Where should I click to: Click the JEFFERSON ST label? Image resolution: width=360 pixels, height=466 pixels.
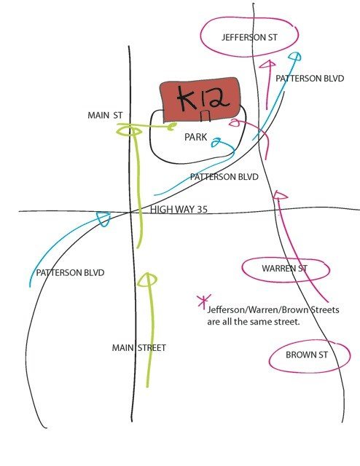(249, 37)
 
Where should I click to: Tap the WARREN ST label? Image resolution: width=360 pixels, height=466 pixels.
(284, 269)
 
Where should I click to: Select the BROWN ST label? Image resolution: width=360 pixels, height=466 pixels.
(307, 355)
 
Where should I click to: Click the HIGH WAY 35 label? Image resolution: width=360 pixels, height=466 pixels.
(179, 210)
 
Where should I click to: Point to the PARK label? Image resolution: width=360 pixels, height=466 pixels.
(195, 137)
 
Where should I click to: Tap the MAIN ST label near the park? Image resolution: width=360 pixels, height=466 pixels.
(105, 115)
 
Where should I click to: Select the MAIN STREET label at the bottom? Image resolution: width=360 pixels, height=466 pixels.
(138, 348)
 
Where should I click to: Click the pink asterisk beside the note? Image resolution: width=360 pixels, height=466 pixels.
(204, 301)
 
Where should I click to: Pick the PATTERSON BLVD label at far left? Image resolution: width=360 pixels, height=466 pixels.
(70, 273)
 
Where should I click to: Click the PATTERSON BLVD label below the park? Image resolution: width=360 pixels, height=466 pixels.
(224, 177)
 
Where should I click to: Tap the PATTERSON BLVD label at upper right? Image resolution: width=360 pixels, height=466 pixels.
(310, 79)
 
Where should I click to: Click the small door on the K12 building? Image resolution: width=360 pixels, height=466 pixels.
(206, 116)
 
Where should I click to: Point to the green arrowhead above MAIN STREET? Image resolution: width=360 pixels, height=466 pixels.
(147, 280)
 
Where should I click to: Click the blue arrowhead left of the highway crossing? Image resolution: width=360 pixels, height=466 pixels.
(104, 218)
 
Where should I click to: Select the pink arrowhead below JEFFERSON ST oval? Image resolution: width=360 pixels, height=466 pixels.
(267, 64)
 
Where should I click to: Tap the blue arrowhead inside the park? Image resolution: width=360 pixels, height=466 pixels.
(216, 143)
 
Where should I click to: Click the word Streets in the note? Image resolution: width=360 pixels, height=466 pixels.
(325, 310)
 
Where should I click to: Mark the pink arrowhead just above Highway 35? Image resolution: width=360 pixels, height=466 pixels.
(280, 195)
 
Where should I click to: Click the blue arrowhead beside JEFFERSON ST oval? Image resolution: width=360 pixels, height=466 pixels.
(295, 57)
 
